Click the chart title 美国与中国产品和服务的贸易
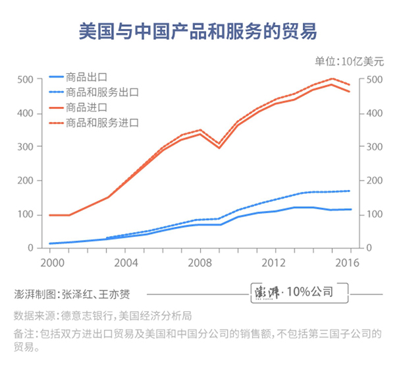click(x=197, y=30)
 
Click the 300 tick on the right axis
click(x=371, y=147)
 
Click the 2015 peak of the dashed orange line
click(x=332, y=78)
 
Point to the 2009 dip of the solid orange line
click(x=219, y=148)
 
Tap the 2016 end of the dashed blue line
click(x=350, y=191)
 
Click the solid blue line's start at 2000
click(x=50, y=243)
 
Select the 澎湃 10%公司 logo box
click(x=292, y=291)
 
